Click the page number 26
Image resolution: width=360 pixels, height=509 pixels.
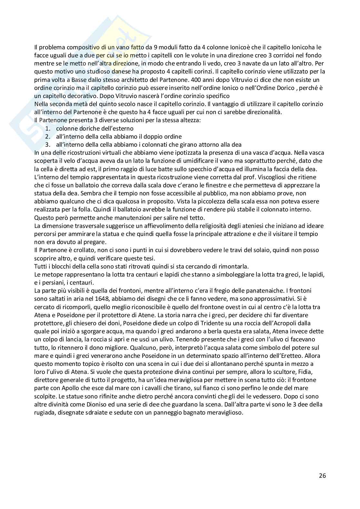(322, 475)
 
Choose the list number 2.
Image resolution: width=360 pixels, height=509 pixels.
(47, 136)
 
